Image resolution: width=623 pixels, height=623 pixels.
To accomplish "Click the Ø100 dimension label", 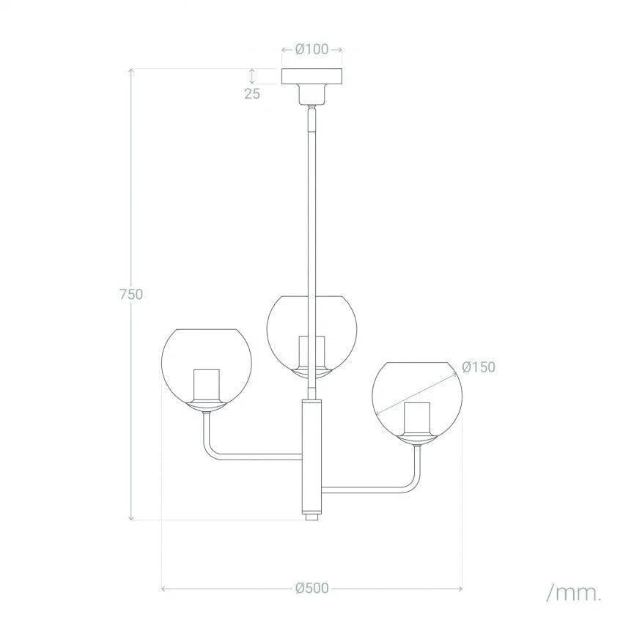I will point(312,50).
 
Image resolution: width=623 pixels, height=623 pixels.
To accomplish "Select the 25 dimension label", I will point(252,93).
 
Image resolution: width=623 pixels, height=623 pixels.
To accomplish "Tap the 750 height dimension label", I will point(130,294).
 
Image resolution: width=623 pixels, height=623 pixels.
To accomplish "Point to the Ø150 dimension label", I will point(479,367).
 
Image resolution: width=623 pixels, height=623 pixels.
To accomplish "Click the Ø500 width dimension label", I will point(311,588).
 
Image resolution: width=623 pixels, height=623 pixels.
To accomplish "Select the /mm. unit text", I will point(573,591).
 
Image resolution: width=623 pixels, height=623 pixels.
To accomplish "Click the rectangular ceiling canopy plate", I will point(312,75).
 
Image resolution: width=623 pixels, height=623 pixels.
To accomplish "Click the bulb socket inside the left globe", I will point(206,386).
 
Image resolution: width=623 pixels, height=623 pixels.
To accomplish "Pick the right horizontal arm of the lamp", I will point(366,488).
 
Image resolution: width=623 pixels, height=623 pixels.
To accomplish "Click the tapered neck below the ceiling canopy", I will point(313,95).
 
